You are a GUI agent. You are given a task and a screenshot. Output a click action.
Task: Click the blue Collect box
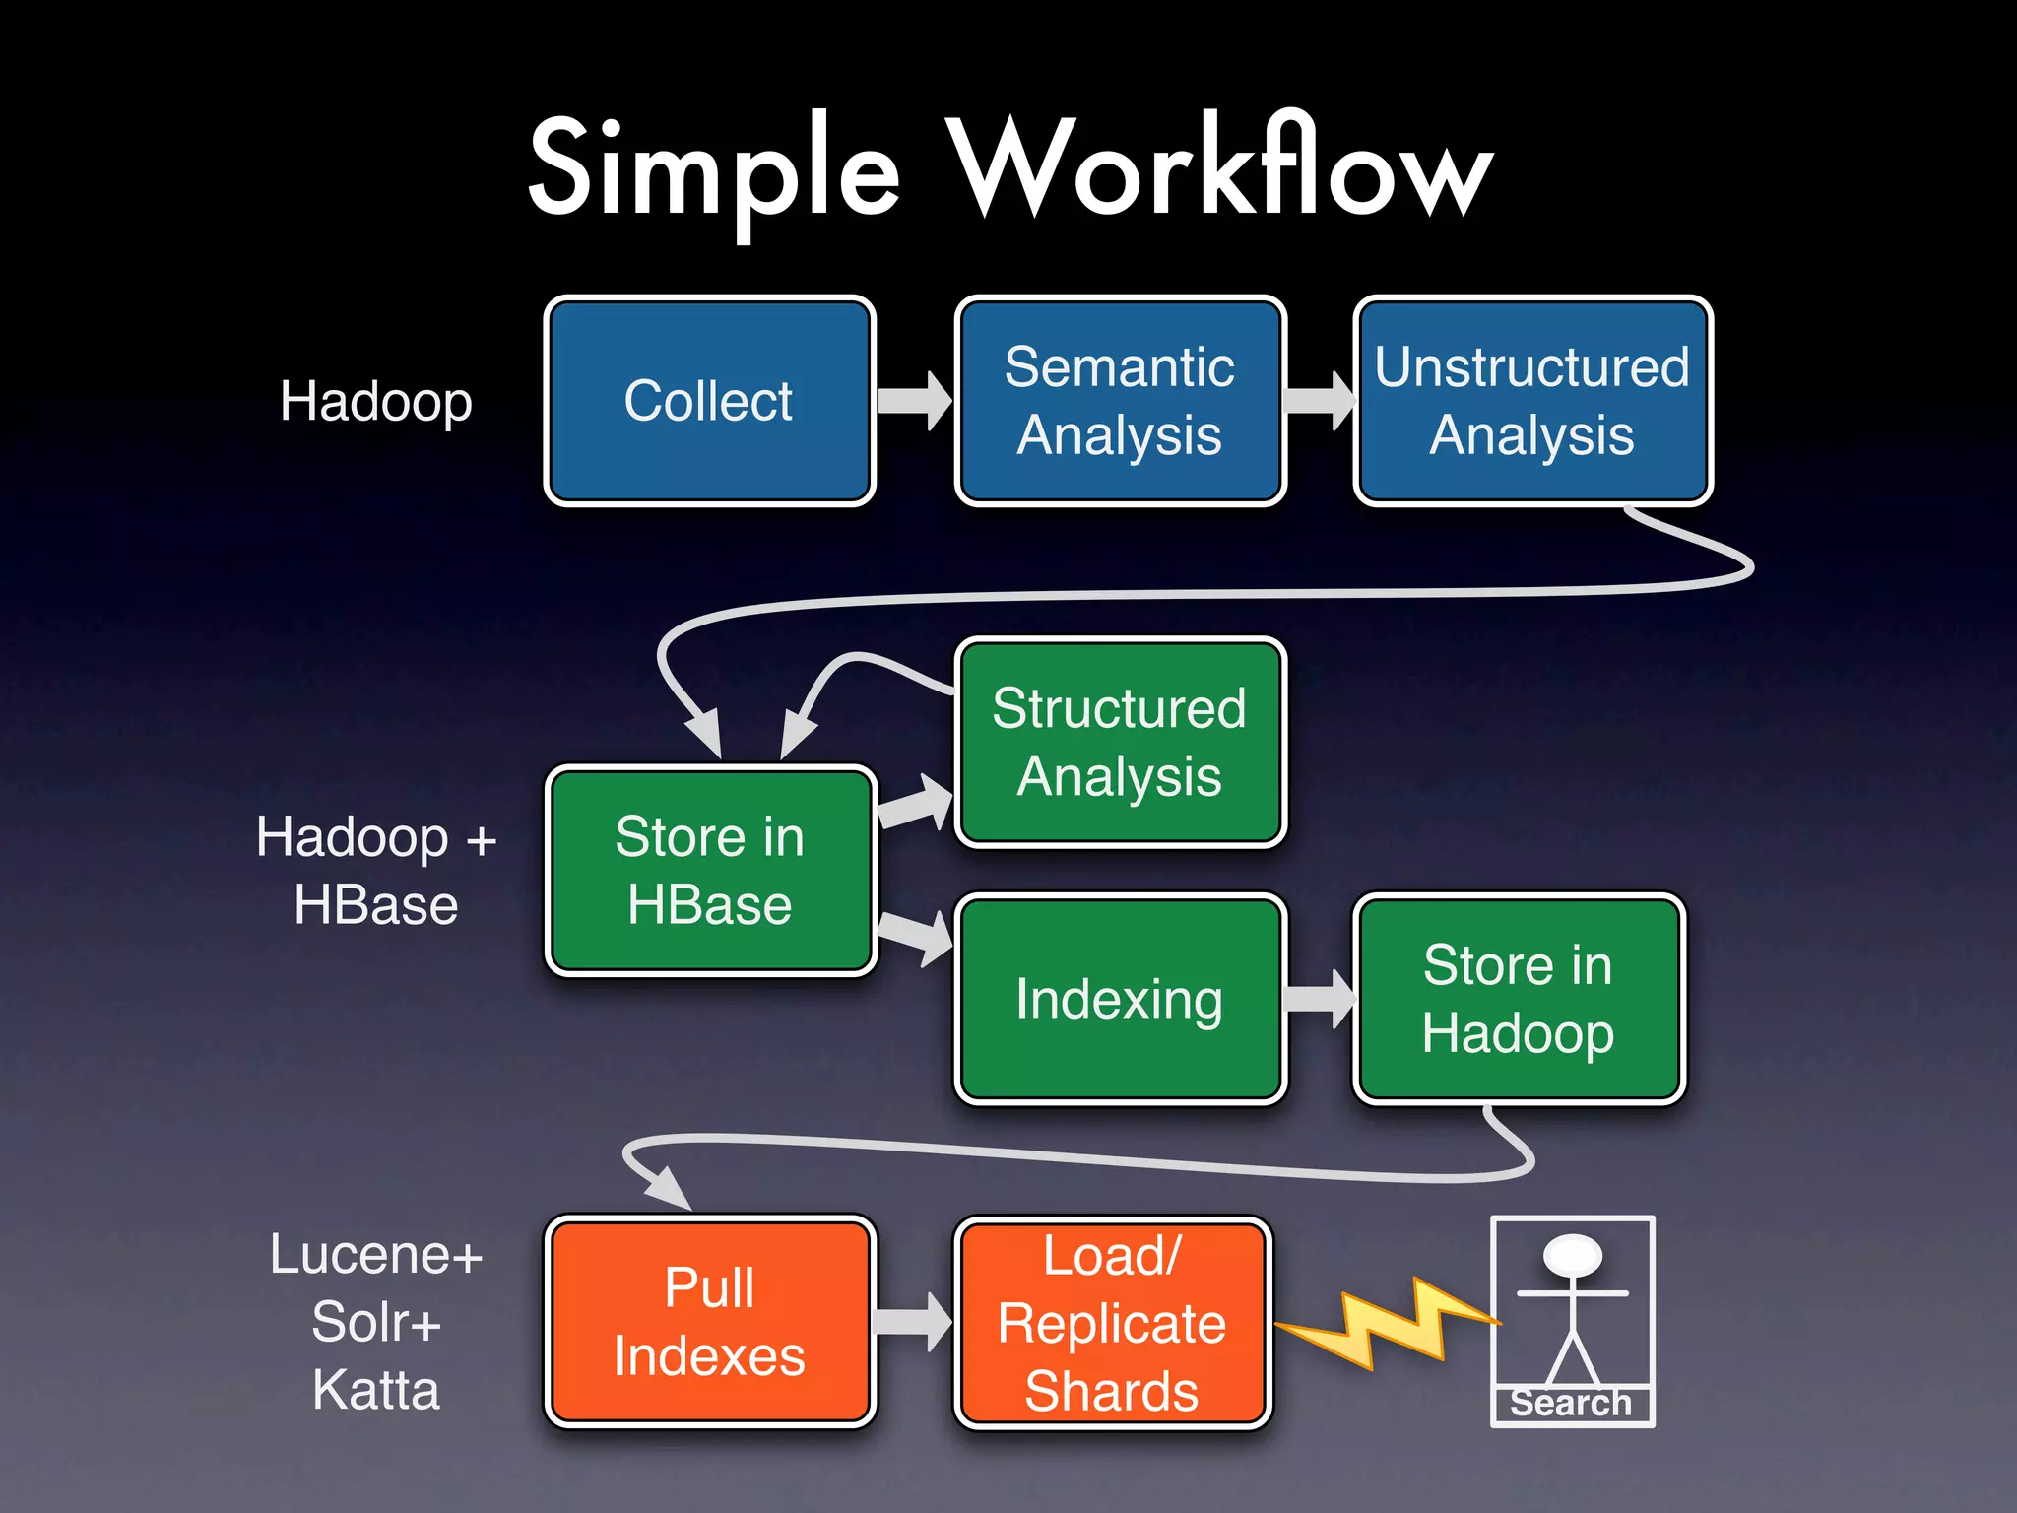[709, 401]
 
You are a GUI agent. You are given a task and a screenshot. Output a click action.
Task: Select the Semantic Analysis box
[1120, 401]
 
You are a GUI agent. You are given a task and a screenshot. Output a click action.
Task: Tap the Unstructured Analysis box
[1532, 401]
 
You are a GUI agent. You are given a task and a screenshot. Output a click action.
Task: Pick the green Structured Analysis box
[1120, 742]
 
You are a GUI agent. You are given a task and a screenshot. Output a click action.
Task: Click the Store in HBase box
[709, 871]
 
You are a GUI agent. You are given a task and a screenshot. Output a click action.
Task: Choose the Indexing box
[1120, 999]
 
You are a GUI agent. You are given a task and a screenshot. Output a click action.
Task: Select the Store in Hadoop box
[1518, 999]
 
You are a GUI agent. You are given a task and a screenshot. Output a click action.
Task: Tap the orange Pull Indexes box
[709, 1321]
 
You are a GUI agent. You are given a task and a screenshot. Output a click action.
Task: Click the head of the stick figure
[1572, 1255]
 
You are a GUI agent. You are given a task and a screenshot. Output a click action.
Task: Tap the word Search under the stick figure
[1571, 1403]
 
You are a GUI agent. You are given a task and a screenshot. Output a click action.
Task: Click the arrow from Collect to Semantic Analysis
[915, 401]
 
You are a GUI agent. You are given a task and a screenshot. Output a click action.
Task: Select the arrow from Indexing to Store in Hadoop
[1321, 999]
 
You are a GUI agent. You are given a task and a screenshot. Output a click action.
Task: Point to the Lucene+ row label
[376, 1256]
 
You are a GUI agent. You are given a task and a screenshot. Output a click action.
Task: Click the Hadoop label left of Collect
[376, 402]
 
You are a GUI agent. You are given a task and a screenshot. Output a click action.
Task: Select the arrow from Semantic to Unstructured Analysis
[1321, 401]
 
